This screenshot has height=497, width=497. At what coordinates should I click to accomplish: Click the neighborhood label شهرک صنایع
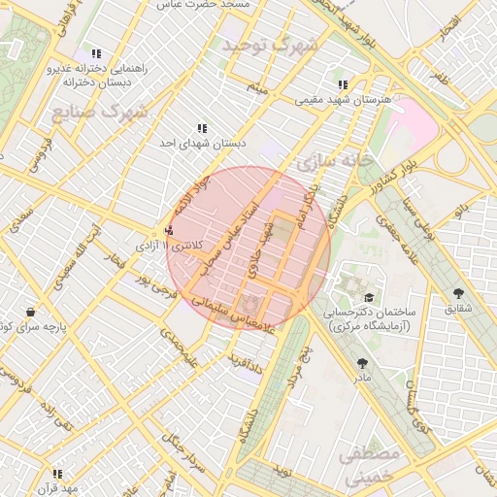(100, 112)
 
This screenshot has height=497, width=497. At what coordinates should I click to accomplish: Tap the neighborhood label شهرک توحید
(270, 46)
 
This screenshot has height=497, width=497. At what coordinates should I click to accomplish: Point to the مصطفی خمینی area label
(373, 465)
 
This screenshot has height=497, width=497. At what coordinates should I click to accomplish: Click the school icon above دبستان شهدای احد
(202, 128)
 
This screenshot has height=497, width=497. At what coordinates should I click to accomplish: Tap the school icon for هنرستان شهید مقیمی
(343, 84)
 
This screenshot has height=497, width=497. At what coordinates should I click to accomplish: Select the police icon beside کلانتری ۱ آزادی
(170, 231)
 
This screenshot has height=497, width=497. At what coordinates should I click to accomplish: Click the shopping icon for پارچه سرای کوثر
(31, 313)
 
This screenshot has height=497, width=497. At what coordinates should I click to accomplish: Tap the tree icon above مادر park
(363, 362)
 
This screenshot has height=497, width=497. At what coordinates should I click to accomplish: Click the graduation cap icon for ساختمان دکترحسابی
(368, 297)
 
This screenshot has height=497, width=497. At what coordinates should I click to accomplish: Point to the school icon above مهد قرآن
(57, 474)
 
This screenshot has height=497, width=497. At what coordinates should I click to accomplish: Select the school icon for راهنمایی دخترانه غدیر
(95, 54)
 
